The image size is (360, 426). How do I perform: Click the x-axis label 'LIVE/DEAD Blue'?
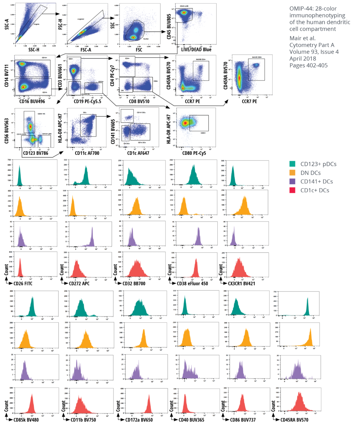click(196, 50)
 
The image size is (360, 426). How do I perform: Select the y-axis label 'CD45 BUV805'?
click(169, 27)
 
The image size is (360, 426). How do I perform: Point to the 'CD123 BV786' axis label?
click(35, 153)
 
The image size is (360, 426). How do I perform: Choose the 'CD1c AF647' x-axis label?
click(138, 153)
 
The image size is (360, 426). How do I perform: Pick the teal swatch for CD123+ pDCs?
click(292, 164)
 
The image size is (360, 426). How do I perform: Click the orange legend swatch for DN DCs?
click(292, 173)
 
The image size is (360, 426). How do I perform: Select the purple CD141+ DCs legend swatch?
click(292, 182)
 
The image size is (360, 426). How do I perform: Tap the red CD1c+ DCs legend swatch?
click(292, 190)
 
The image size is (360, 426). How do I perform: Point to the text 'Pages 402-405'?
click(308, 65)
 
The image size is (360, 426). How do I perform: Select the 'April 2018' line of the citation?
click(303, 59)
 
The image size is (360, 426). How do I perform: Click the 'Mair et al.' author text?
click(302, 38)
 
